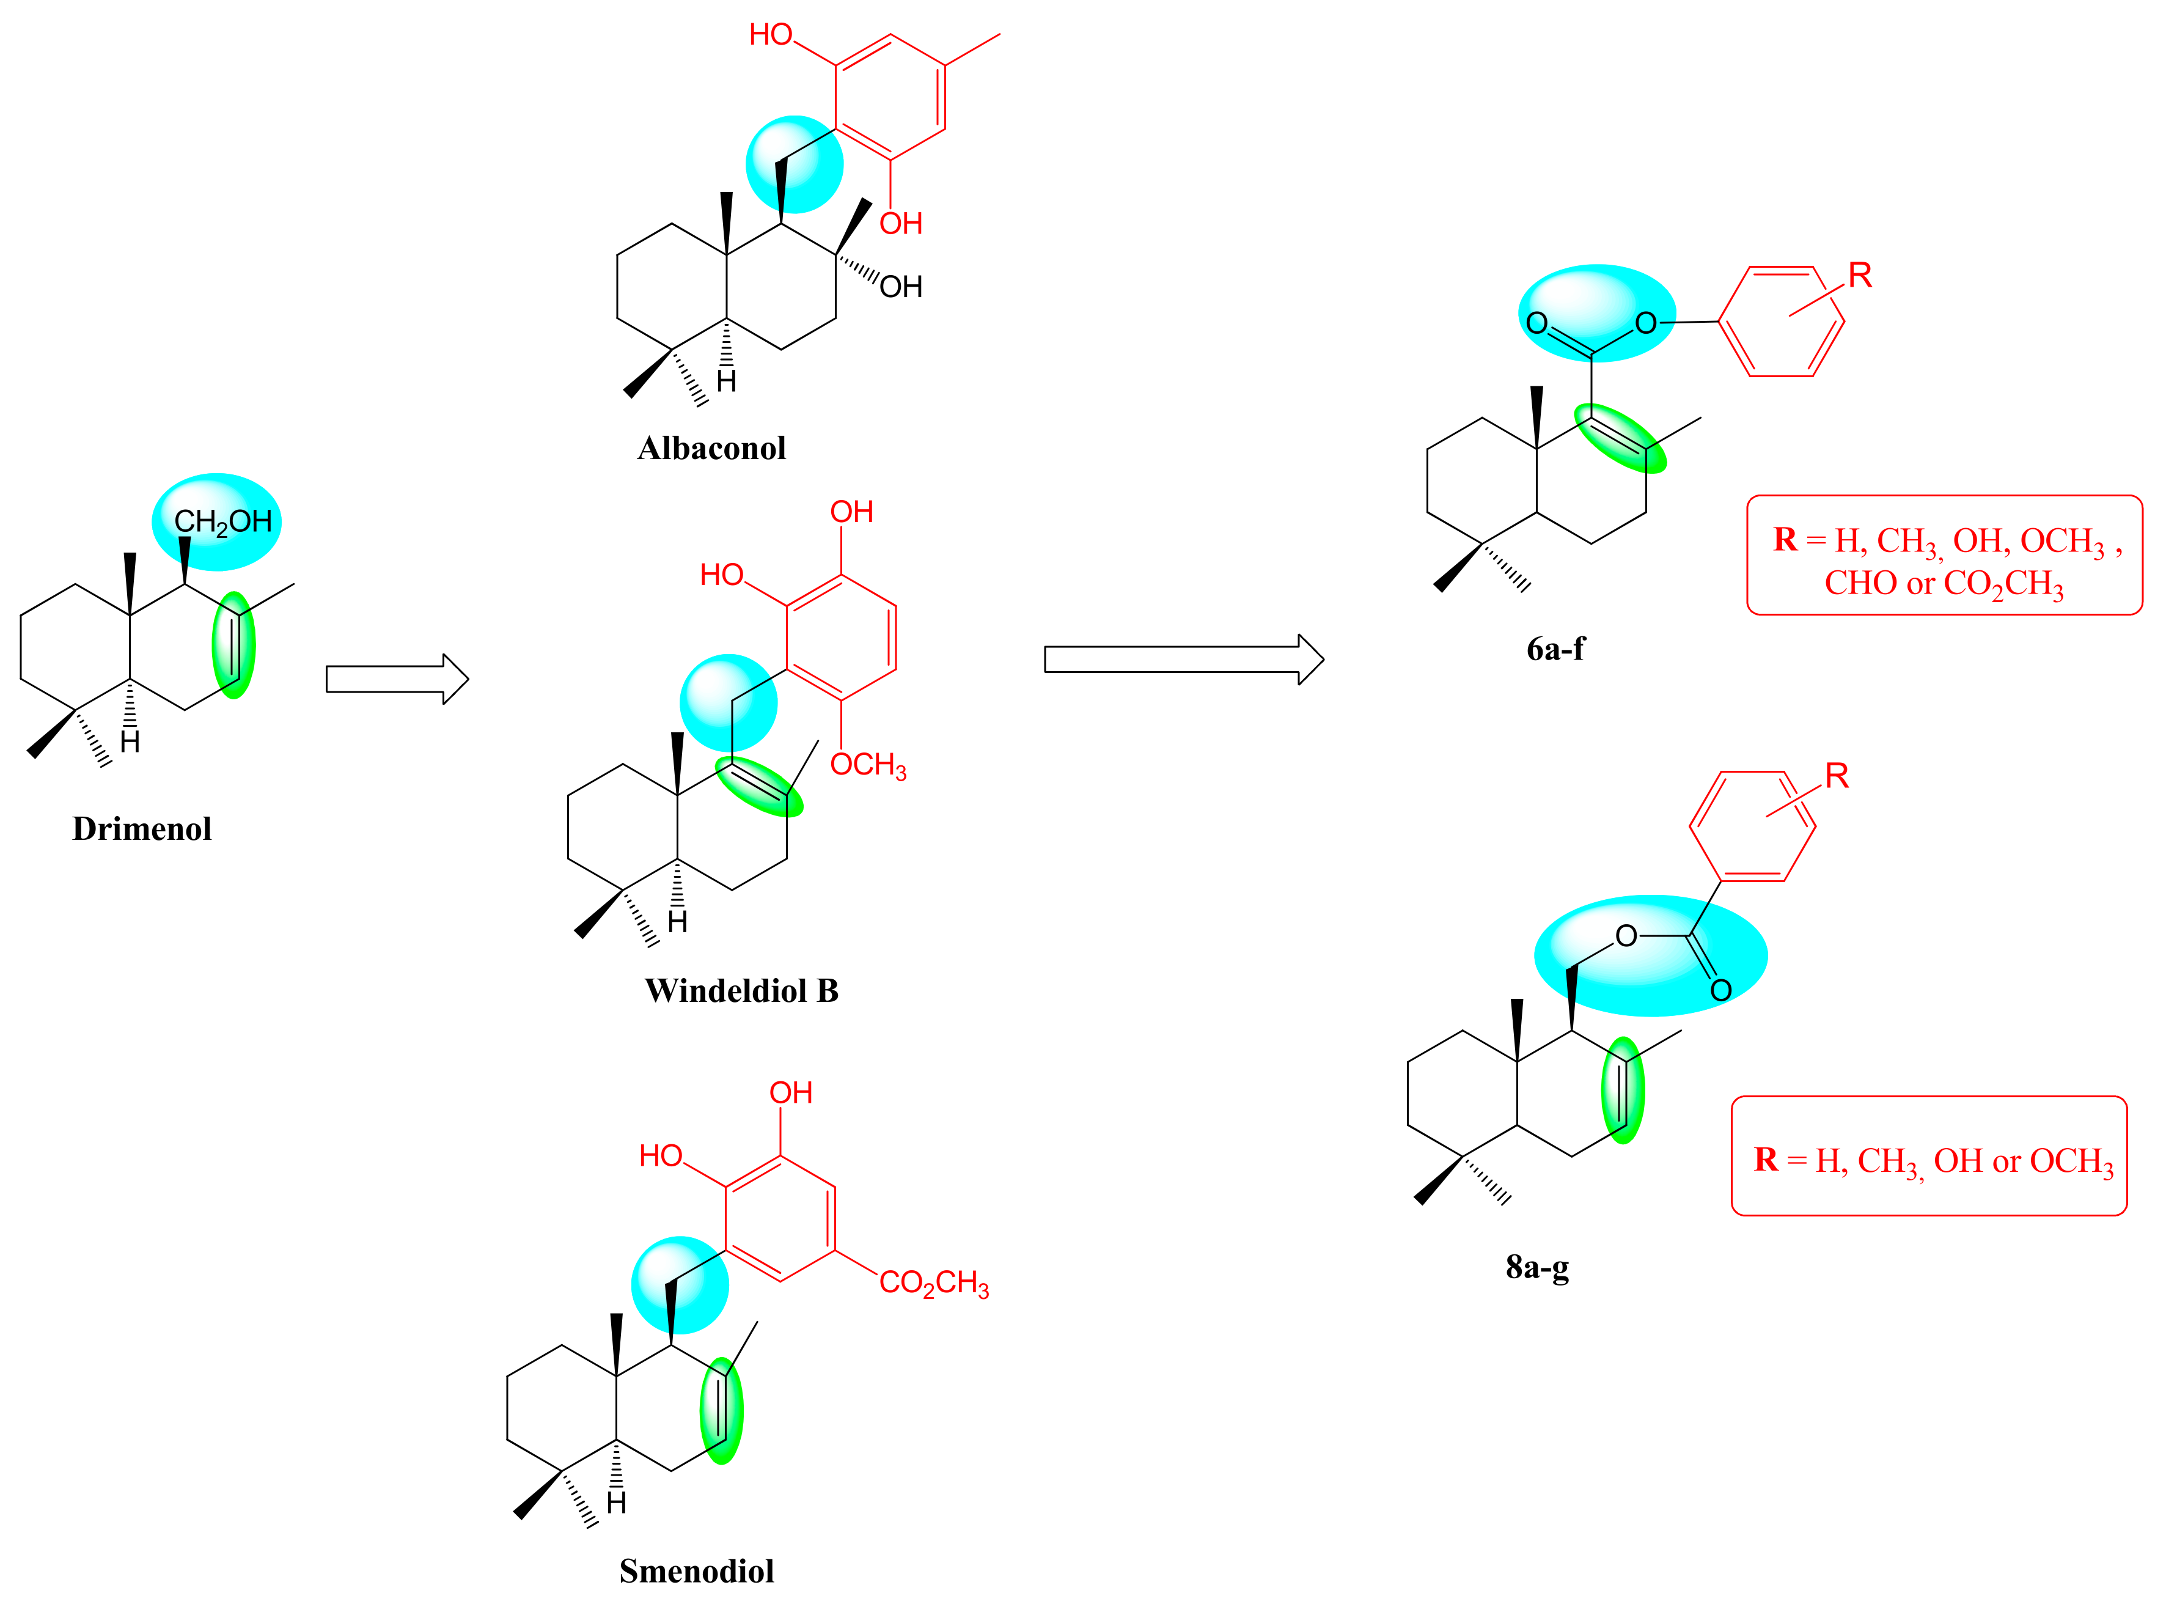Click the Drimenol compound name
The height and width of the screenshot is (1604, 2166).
[142, 829]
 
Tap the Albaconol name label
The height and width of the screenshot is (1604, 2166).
[711, 449]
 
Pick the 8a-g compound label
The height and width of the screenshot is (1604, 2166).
[1537, 1267]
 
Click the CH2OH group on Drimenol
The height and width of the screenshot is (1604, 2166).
[222, 523]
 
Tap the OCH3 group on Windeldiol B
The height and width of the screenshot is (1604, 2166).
[868, 765]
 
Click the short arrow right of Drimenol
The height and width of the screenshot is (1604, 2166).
[397, 679]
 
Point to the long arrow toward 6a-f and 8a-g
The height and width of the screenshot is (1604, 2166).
[1183, 660]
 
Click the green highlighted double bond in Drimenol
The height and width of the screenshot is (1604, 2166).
[234, 646]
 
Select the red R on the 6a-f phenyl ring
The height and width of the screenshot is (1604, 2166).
[1859, 276]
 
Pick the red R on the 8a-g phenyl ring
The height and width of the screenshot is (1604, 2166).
[1836, 776]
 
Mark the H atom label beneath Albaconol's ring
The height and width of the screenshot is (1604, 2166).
[726, 381]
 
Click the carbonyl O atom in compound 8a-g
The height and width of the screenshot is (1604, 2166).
[1721, 990]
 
